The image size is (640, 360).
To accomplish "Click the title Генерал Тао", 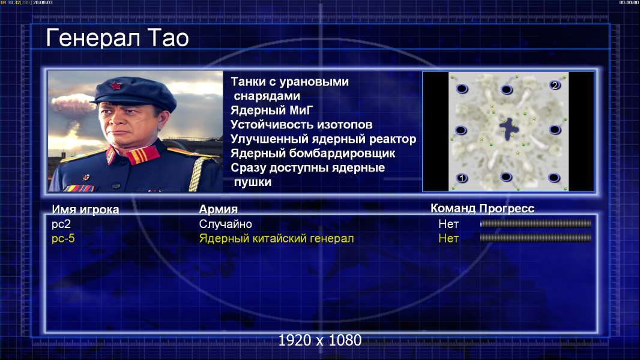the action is [x=117, y=38].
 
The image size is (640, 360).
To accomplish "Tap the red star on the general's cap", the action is [x=116, y=86].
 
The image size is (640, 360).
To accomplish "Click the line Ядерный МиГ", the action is [x=272, y=110].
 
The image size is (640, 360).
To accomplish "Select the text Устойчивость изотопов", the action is [x=301, y=125].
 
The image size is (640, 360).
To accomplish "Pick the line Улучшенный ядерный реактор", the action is [x=323, y=139].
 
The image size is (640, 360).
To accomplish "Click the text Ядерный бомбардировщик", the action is [x=313, y=153].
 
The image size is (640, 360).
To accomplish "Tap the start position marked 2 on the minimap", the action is [x=555, y=85].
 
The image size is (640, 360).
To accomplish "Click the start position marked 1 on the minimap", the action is [x=462, y=178].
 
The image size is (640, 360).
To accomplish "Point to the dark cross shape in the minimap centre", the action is [x=509, y=128].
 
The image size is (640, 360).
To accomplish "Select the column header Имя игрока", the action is [x=85, y=209].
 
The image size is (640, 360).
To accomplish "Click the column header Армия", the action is [x=219, y=209].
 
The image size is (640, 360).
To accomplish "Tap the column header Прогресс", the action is [x=507, y=209].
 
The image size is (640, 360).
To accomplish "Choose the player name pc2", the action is [x=61, y=224].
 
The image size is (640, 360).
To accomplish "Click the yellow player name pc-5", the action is [x=63, y=239].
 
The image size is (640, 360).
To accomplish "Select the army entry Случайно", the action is [x=225, y=224].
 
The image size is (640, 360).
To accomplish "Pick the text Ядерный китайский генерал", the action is [x=276, y=239].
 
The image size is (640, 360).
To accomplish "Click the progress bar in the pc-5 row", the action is [x=536, y=238].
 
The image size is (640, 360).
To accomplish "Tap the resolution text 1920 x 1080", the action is [x=319, y=340].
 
